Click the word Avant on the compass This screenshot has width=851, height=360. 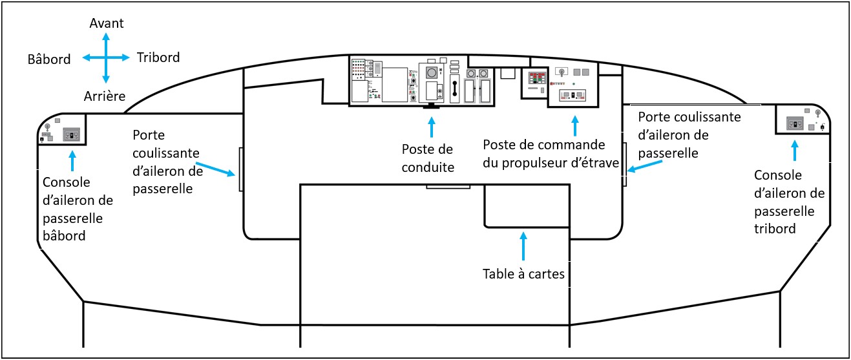tap(107, 23)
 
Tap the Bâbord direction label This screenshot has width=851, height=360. tap(49, 59)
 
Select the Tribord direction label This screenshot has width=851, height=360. tap(158, 58)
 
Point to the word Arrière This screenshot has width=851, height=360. tap(105, 96)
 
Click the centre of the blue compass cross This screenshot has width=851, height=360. tap(107, 58)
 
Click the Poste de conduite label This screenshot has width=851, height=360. tap(428, 158)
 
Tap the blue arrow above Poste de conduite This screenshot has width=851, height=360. tap(432, 127)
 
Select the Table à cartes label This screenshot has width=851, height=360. tap(523, 273)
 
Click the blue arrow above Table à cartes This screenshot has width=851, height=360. tap(523, 246)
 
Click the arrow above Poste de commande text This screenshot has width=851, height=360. tap(575, 126)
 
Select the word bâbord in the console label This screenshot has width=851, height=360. tap(64, 236)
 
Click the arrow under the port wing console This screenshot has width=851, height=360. tap(72, 161)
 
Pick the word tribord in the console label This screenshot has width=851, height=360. tap(775, 228)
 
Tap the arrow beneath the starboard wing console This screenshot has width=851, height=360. tap(794, 151)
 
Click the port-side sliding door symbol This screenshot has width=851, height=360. tap(241, 169)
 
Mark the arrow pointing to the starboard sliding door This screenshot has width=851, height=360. tap(644, 166)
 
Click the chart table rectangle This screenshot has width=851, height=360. tap(527, 206)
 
